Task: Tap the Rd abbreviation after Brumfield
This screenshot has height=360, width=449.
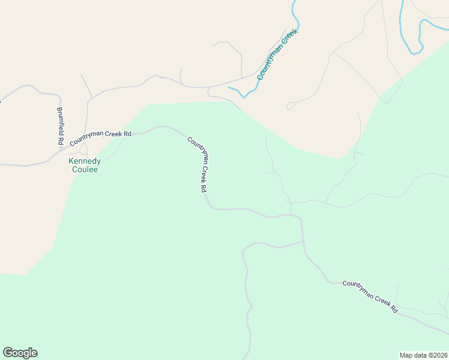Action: coord(61,142)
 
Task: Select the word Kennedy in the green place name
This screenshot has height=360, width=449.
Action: coord(84,161)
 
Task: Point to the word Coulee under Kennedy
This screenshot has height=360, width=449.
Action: coord(84,170)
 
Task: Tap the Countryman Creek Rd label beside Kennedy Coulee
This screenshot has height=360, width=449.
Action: coord(100,138)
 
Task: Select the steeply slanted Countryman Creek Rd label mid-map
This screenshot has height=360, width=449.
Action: coord(198,164)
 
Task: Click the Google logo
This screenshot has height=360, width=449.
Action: coord(20,353)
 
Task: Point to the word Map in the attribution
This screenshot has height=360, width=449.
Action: coord(406,355)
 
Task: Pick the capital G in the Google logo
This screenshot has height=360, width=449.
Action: coord(8,353)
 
